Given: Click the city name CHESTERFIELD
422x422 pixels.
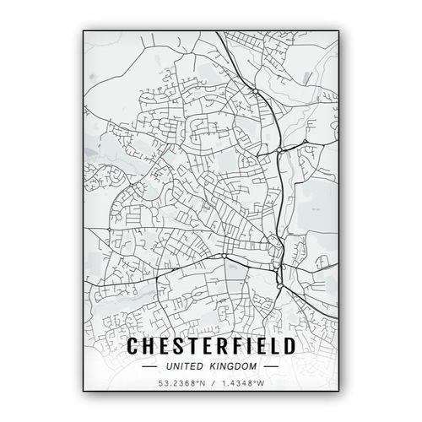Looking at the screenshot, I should click(x=210, y=347).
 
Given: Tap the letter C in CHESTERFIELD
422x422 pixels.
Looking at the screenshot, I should click(x=133, y=347).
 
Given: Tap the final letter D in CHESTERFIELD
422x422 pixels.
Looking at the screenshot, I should click(x=287, y=347).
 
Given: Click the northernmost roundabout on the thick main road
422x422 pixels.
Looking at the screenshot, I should click(x=254, y=89).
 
